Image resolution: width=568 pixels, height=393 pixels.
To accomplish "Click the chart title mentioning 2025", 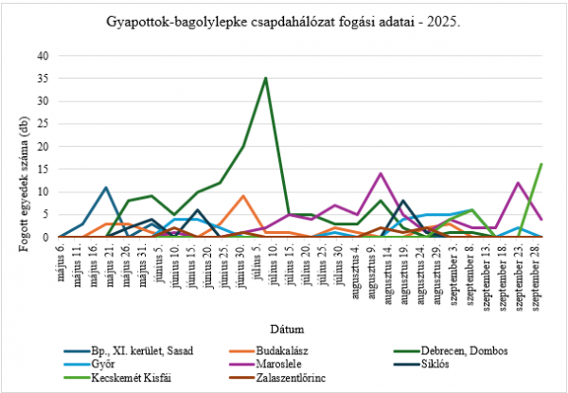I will point(283,20).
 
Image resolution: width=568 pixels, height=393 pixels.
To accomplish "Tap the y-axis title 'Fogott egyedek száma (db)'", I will point(18,146).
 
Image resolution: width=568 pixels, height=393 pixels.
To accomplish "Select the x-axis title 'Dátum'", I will point(285,330).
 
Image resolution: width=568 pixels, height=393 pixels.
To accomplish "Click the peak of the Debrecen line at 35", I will point(266,79).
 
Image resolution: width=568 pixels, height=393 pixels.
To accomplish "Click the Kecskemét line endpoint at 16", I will point(541,165).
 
